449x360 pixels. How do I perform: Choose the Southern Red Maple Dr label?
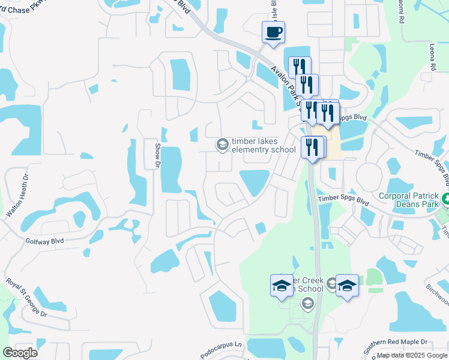(398, 341)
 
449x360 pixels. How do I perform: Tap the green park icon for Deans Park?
(445, 197)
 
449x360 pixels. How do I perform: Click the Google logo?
(20, 353)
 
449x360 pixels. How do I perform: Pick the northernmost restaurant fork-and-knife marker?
(300, 67)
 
